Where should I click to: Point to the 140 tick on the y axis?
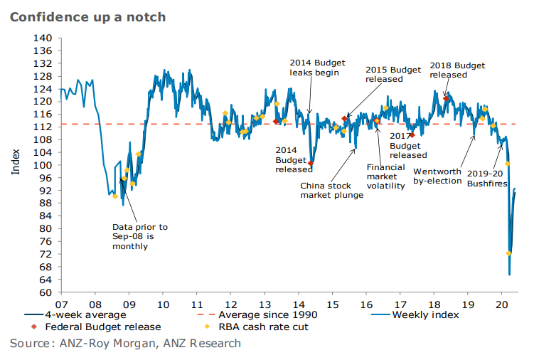click(x=43, y=38)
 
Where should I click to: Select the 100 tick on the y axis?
click(x=43, y=164)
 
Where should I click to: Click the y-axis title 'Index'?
click(x=16, y=164)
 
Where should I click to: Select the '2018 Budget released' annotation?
click(x=459, y=70)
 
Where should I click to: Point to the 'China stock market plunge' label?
click(x=331, y=190)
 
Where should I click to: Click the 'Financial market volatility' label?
click(x=385, y=176)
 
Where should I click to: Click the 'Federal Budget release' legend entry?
click(x=103, y=327)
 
